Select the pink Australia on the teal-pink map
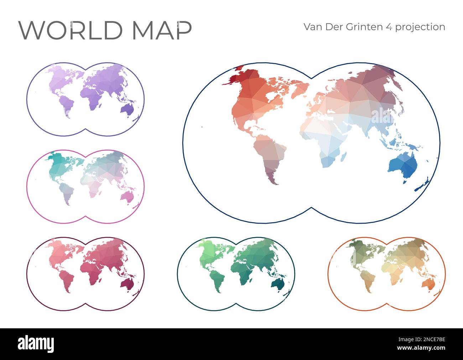click(x=126, y=196)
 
